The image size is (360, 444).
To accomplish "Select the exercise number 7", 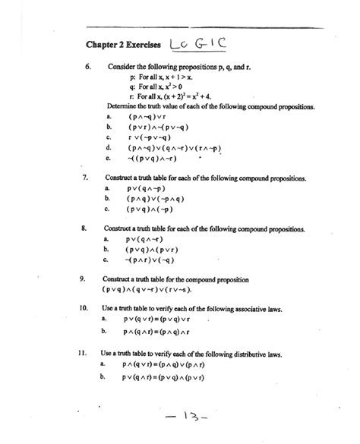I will (x=85, y=177).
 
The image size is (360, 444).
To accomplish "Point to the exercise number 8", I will (x=85, y=228).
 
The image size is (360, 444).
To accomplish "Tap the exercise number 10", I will (x=87, y=309).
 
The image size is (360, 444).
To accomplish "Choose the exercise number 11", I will (x=87, y=354).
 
